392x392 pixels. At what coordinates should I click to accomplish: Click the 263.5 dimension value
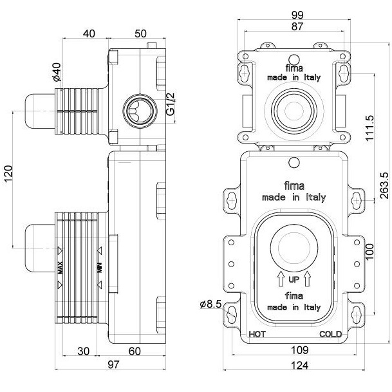384,187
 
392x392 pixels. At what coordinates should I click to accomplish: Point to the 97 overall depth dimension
113,365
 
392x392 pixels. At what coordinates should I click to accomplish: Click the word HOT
257,334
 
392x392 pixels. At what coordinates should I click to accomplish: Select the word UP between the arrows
294,279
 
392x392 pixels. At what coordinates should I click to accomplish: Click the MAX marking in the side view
59,266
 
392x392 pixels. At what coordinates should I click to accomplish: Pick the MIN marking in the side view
100,266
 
